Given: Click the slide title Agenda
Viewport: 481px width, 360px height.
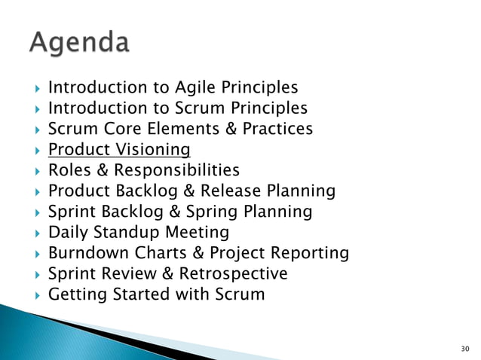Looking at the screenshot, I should [x=80, y=42].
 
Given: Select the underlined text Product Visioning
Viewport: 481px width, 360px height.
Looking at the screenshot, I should [x=119, y=149].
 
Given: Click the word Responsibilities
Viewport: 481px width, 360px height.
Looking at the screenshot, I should [x=178, y=169].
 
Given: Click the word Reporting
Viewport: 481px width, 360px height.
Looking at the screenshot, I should [x=309, y=252].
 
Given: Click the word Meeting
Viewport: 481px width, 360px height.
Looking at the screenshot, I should [x=197, y=232].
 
